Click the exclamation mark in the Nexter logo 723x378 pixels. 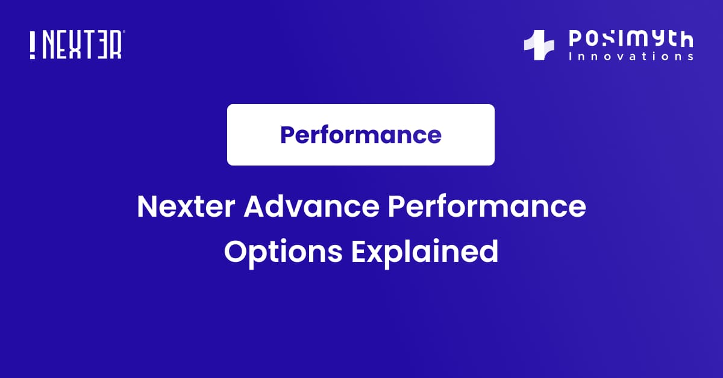[x=33, y=45]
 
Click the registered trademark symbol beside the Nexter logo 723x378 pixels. [x=124, y=33]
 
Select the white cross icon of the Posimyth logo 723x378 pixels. [x=539, y=46]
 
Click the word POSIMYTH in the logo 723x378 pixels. [x=631, y=40]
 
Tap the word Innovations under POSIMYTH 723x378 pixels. [x=631, y=57]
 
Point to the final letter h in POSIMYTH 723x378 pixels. [x=685, y=40]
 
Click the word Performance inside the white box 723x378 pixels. [x=361, y=135]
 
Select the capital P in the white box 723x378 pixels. [x=287, y=135]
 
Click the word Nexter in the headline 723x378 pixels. [x=186, y=208]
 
